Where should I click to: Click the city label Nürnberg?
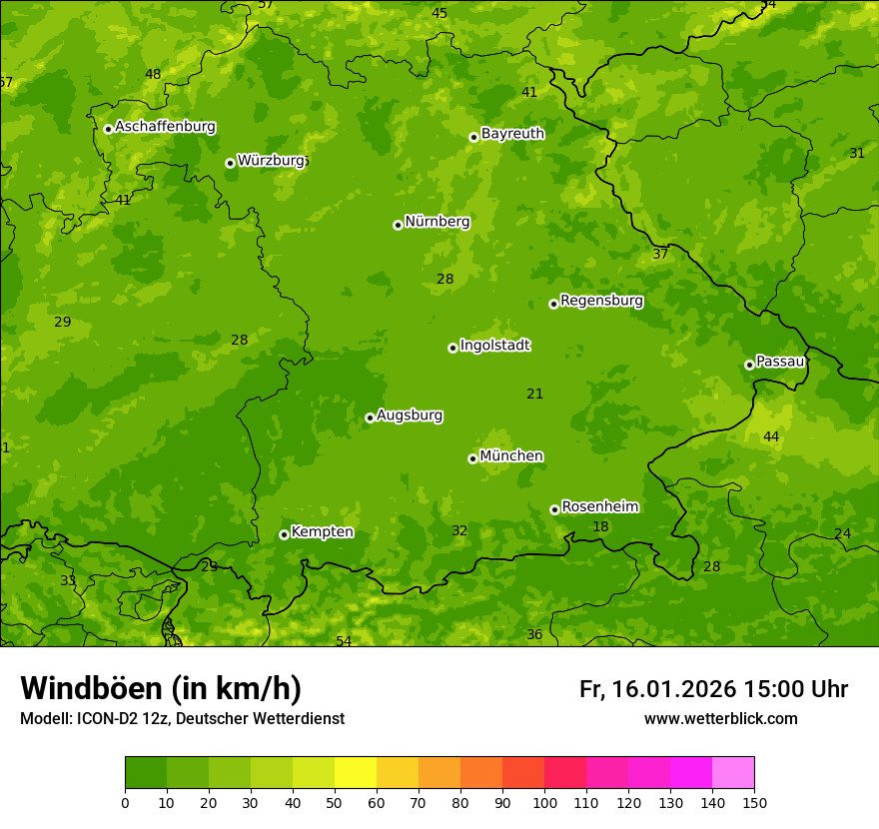(437, 222)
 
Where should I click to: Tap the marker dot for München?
(472, 458)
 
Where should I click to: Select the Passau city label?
(779, 362)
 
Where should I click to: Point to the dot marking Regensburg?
(553, 304)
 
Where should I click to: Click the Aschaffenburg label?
(165, 127)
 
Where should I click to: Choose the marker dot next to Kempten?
(284, 534)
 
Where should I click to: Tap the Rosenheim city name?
(599, 507)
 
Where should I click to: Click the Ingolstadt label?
(494, 346)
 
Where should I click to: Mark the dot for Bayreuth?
(474, 137)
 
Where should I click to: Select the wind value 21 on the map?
(535, 395)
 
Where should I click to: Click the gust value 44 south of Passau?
(771, 437)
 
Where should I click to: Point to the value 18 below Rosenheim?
(600, 527)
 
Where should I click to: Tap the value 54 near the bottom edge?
(344, 641)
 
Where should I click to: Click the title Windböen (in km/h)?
(161, 688)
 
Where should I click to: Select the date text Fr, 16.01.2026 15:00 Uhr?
(713, 689)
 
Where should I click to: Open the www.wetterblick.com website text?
(720, 719)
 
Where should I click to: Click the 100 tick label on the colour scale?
(544, 802)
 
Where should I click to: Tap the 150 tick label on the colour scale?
(754, 802)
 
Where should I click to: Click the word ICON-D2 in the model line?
(105, 719)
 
